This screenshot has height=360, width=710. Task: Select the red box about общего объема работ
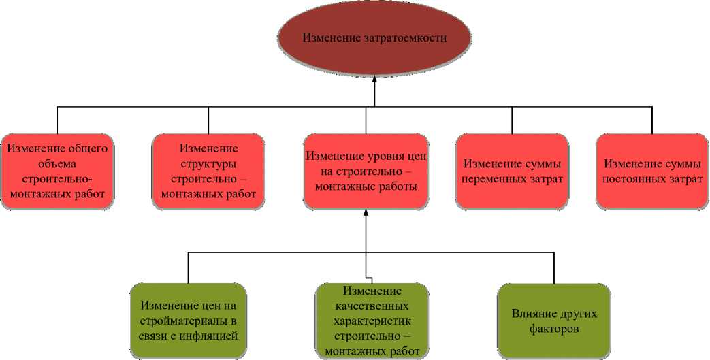click(x=57, y=171)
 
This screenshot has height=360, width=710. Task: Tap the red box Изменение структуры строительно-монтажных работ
click(x=208, y=171)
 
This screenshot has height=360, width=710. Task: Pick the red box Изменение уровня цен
click(x=366, y=171)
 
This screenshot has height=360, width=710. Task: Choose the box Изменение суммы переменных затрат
click(x=512, y=171)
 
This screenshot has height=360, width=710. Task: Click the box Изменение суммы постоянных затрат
click(x=652, y=171)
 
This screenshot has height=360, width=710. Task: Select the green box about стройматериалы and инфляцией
click(x=188, y=321)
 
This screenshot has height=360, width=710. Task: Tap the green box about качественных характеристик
click(x=372, y=321)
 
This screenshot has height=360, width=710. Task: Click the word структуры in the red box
click(x=208, y=164)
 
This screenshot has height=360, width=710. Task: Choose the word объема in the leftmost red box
click(x=57, y=164)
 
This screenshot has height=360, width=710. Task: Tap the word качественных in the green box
click(x=372, y=306)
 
